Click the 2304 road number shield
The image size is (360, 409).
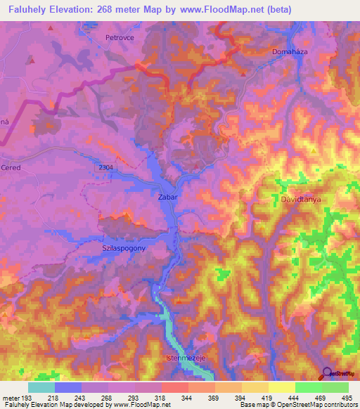coord(105,166)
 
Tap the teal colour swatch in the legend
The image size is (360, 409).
coord(41,387)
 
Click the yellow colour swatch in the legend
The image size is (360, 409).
coord(281,387)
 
